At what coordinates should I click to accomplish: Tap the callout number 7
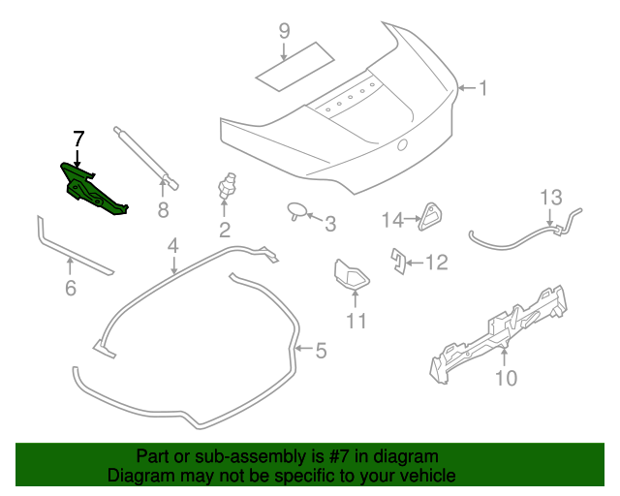[77, 139]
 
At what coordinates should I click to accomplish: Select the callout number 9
[284, 31]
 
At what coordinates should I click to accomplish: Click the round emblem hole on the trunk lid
[401, 147]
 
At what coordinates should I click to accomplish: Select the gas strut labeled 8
[144, 154]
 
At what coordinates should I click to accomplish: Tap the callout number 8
[163, 209]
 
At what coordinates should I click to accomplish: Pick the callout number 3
[329, 225]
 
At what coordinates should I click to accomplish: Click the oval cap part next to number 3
[296, 210]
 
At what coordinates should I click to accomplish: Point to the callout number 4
[172, 247]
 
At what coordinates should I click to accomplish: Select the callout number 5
[321, 350]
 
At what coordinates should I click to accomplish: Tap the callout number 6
[69, 288]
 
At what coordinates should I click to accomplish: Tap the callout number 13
[550, 199]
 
